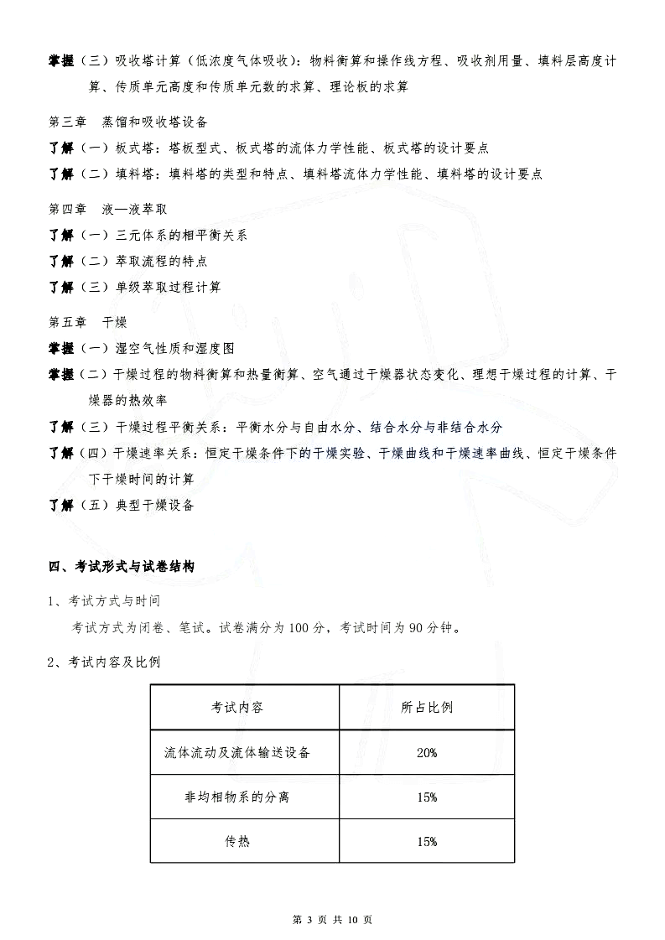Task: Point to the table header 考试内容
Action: tap(237, 707)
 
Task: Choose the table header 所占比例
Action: tap(427, 707)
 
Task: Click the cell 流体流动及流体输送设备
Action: tap(237, 752)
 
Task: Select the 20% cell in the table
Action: tap(427, 753)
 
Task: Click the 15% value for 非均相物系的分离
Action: tap(427, 797)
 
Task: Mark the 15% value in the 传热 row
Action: tap(427, 842)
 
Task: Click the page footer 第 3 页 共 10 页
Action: tap(331, 920)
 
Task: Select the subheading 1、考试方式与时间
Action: tap(104, 601)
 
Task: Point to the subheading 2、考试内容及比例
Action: tap(104, 662)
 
